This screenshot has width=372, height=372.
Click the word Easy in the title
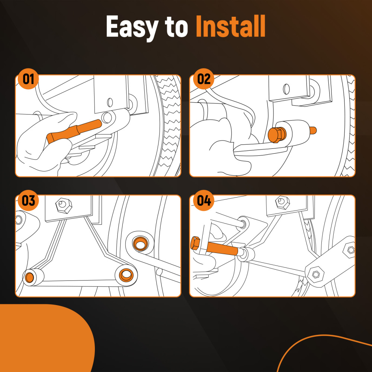(132, 27)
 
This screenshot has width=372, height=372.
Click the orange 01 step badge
(28, 79)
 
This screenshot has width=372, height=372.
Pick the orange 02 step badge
(203, 79)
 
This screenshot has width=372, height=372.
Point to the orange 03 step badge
(28, 200)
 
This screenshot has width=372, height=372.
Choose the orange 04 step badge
(203, 200)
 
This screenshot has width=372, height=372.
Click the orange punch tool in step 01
(74, 131)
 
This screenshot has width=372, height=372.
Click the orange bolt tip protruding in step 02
(313, 130)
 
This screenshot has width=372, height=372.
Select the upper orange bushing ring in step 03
(140, 243)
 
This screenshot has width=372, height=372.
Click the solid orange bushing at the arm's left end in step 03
(29, 278)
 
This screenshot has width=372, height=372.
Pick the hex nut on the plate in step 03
(64, 205)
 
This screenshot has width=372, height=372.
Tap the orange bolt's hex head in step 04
(195, 243)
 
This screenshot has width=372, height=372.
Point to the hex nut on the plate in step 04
(282, 202)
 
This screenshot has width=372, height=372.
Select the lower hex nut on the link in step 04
(315, 274)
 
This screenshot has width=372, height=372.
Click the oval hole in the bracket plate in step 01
(110, 102)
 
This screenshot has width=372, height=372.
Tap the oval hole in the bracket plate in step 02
(286, 89)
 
